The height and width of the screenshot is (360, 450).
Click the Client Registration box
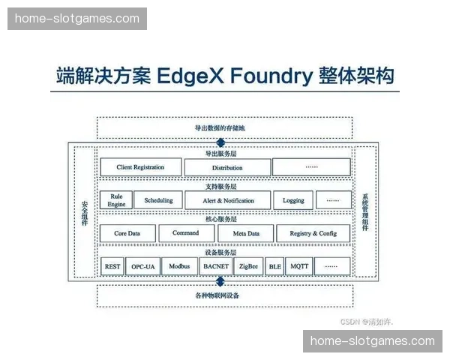(x=141, y=167)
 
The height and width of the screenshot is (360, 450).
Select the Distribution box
(x=227, y=167)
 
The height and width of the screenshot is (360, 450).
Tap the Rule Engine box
(x=116, y=199)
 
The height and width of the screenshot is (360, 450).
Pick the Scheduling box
(x=158, y=200)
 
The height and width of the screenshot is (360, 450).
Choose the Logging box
(x=293, y=200)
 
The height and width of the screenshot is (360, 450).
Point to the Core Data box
(x=127, y=233)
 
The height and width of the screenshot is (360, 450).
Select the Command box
(x=186, y=233)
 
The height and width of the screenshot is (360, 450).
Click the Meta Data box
(x=246, y=233)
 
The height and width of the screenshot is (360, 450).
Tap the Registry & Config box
(x=313, y=233)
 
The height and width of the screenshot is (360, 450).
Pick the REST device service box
(x=112, y=266)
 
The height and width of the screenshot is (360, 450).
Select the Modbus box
(x=179, y=266)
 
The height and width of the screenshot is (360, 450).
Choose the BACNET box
(x=216, y=266)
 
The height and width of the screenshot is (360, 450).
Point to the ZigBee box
(x=249, y=266)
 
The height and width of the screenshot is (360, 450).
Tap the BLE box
(x=275, y=266)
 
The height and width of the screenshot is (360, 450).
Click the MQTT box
(x=300, y=266)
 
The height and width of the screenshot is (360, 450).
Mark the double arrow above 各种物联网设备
(x=220, y=281)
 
